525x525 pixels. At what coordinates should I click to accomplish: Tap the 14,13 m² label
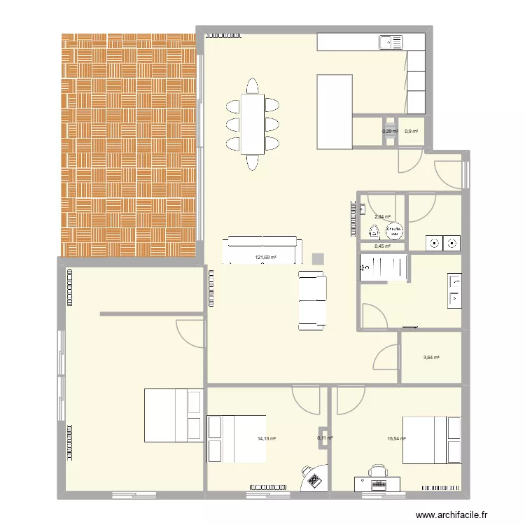[x=266, y=439]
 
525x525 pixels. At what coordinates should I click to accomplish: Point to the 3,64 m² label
[x=431, y=358]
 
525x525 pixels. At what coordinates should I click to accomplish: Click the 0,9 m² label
[x=411, y=131]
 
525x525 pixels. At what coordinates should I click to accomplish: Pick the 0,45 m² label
[x=382, y=246]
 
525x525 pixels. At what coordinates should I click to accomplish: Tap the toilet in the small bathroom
[x=374, y=232]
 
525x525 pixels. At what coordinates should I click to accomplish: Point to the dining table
[x=252, y=124]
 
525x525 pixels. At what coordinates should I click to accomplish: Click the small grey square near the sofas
[x=318, y=258]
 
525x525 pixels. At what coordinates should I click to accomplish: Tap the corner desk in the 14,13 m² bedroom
[x=313, y=479]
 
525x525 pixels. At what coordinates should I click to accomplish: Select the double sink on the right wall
[x=454, y=290]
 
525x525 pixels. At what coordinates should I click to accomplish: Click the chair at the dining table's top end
[x=252, y=86]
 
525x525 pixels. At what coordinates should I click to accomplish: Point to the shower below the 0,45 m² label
[x=384, y=267]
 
